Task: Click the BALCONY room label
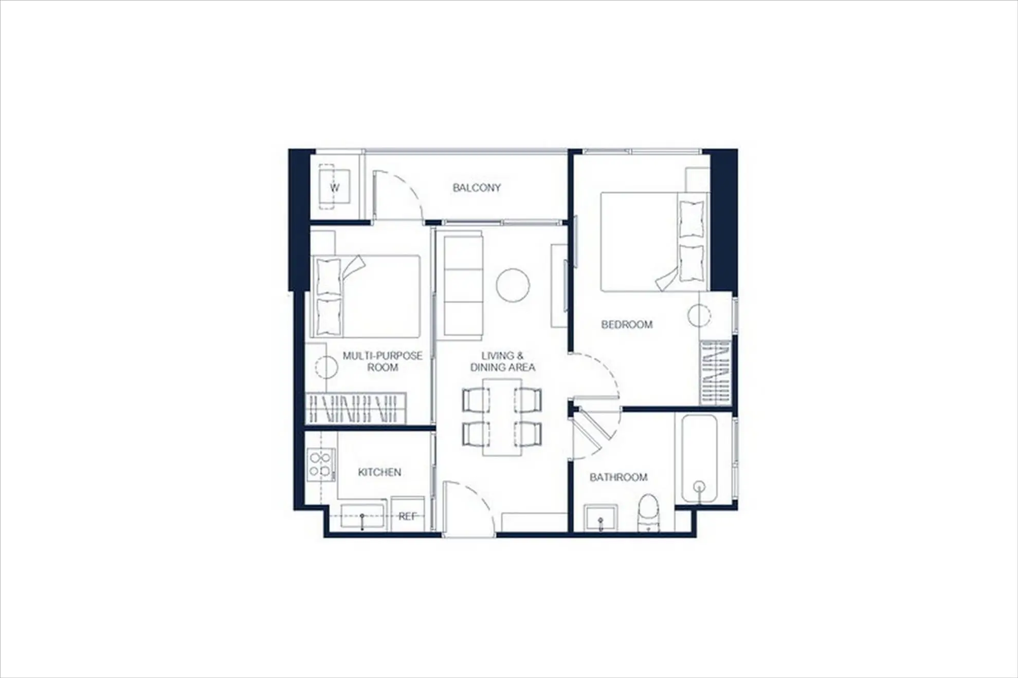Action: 477,188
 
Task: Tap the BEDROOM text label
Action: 627,324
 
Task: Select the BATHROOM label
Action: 619,477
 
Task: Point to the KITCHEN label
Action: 379,472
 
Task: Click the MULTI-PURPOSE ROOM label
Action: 383,361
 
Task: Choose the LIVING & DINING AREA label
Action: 502,361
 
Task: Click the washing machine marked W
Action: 334,187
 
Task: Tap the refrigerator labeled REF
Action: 408,512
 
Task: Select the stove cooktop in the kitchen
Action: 321,465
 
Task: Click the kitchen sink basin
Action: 362,516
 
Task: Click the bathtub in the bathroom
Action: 699,459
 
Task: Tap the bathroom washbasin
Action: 601,518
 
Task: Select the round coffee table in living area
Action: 513,285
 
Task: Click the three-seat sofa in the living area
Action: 463,285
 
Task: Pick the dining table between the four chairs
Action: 502,417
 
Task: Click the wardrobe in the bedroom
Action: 716,372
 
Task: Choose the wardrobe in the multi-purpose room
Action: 355,409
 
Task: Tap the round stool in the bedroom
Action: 699,315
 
